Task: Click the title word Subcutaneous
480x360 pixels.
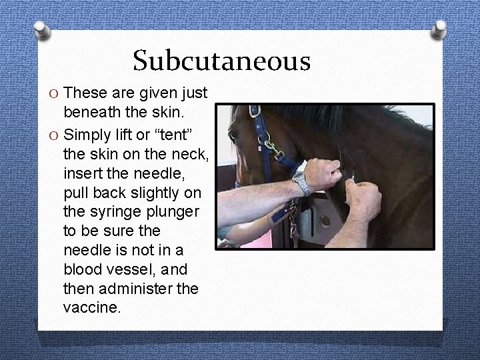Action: (x=221, y=61)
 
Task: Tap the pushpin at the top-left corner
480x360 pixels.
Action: (x=41, y=29)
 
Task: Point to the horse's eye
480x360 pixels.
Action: (x=233, y=135)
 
